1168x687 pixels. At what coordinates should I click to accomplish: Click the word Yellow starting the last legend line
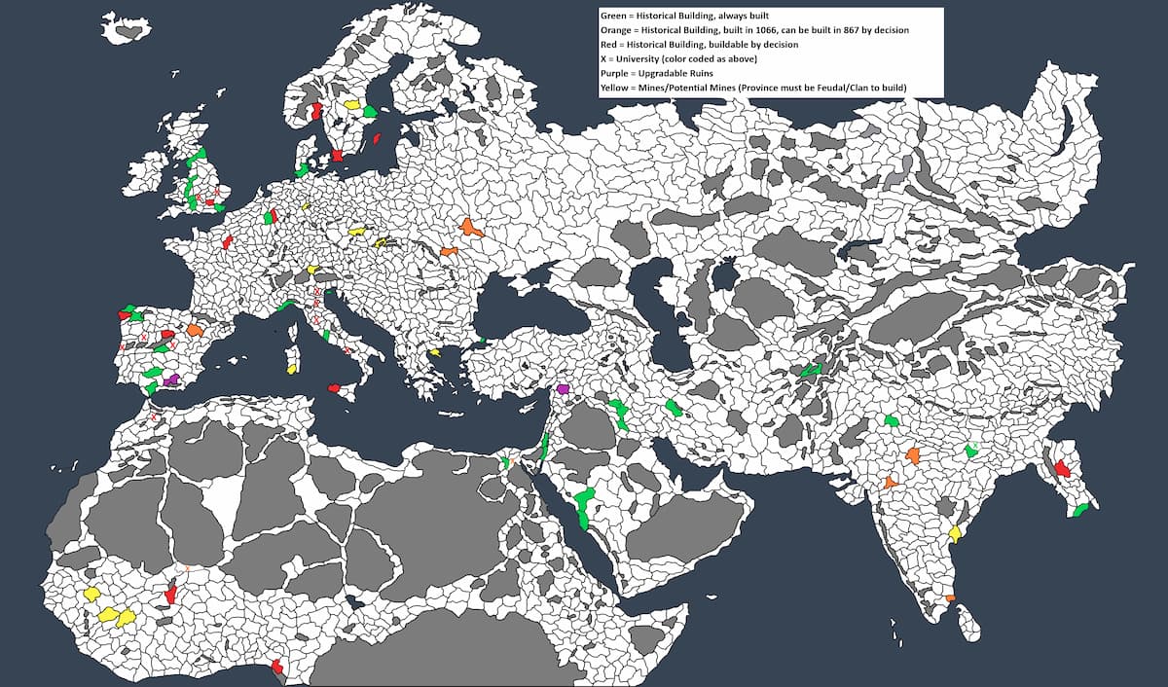point(615,88)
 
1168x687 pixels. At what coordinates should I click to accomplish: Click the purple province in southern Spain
point(172,379)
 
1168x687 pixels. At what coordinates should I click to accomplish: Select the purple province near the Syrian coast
point(562,388)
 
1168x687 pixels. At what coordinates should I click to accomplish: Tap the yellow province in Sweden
point(351,104)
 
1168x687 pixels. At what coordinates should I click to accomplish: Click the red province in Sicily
point(335,388)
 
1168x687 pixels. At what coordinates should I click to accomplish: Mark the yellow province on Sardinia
point(291,369)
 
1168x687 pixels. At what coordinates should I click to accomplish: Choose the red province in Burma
point(1062,467)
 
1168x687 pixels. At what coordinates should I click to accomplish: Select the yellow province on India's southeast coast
point(955,533)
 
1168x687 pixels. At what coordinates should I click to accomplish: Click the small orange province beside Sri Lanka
point(950,597)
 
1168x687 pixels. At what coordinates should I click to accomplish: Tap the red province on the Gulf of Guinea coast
point(278,666)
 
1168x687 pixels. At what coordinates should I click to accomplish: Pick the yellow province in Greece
point(434,352)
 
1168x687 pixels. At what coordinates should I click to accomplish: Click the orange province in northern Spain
point(195,330)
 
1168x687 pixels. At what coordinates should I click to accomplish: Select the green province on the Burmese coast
point(1080,510)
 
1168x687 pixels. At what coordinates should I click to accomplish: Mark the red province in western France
point(227,241)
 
